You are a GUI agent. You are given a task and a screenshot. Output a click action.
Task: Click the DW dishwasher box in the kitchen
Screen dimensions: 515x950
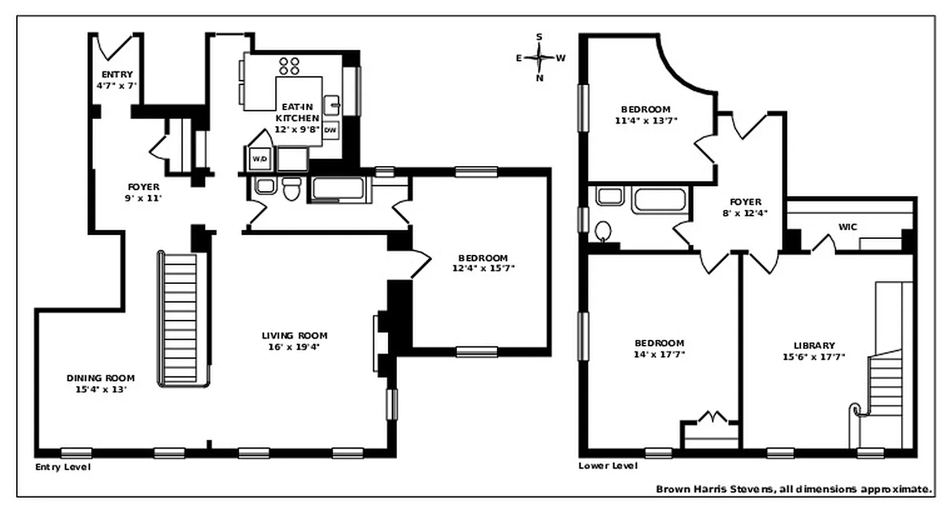331,130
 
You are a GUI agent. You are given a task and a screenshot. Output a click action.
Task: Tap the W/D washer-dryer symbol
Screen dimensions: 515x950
259,158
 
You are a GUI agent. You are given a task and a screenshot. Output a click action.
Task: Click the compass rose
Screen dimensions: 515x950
539,57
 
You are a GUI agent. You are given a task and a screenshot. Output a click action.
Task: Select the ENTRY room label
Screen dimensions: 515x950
117,75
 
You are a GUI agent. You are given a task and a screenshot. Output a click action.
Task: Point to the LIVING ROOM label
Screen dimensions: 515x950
295,335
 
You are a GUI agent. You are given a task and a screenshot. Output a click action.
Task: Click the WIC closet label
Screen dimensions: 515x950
848,227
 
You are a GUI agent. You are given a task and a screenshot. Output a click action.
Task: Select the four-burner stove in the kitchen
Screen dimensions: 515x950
289,65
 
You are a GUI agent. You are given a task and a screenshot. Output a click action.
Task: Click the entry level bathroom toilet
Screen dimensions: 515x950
292,189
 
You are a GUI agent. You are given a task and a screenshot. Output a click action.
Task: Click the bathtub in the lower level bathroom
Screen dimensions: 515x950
659,200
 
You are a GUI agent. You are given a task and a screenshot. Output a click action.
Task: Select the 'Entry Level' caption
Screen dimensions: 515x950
63,467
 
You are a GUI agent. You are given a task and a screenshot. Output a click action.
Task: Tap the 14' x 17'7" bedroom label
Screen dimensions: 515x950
659,348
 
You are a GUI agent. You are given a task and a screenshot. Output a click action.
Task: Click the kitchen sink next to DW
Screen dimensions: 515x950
333,104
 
